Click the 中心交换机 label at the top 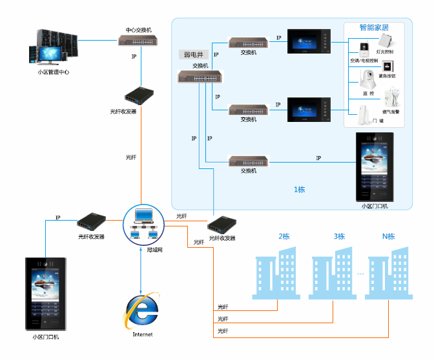point(138,30)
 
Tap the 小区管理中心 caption point(54,72)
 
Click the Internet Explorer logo point(142,312)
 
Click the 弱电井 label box point(194,55)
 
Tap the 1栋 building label point(300,190)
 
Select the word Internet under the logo point(143,334)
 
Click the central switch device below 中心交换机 point(138,41)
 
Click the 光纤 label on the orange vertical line point(131,157)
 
